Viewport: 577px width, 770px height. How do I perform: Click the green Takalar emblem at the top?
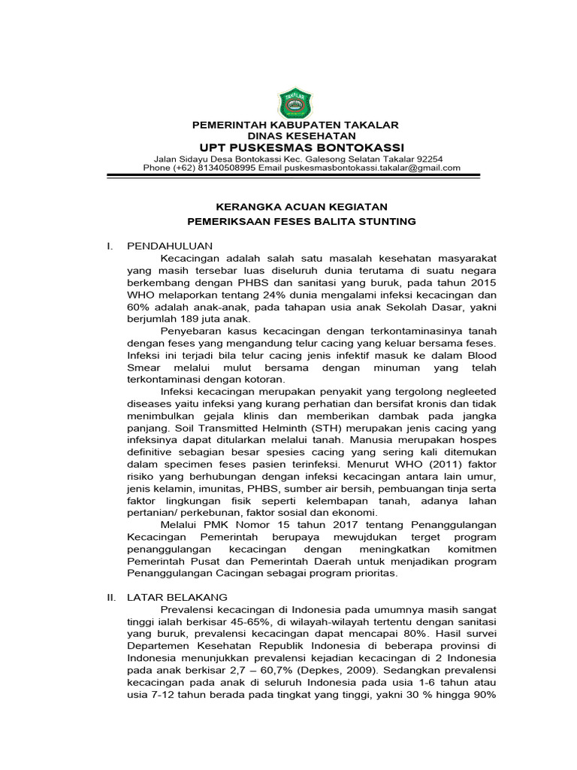pos(295,103)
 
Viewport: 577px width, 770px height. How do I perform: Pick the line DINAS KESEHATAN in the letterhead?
pos(295,135)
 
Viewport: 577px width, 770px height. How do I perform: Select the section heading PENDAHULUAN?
pos(171,246)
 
